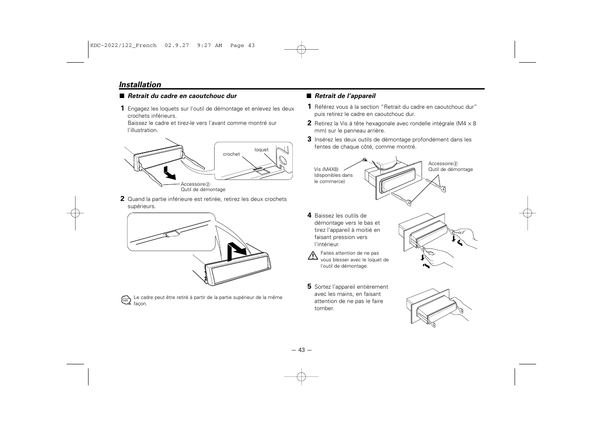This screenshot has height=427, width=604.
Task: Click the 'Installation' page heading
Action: pos(140,85)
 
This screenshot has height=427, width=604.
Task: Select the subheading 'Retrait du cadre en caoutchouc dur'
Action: pos(182,96)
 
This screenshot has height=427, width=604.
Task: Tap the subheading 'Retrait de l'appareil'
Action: pos(345,96)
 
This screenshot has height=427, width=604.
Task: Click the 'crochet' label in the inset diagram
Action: pos(231,154)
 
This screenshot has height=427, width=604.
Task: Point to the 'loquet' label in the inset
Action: pos(262,149)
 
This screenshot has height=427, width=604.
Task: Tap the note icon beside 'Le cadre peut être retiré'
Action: pos(126,300)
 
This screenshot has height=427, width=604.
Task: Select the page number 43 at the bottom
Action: pos(301,350)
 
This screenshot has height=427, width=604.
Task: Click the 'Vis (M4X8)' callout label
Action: pos(325,169)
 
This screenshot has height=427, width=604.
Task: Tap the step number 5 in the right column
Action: pos(309,286)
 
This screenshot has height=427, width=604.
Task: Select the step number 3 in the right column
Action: pos(309,139)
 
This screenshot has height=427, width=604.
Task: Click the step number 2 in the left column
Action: pos(122,199)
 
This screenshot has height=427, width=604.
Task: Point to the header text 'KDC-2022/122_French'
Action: pos(123,45)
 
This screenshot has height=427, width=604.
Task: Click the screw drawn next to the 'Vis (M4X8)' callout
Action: pos(365,160)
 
